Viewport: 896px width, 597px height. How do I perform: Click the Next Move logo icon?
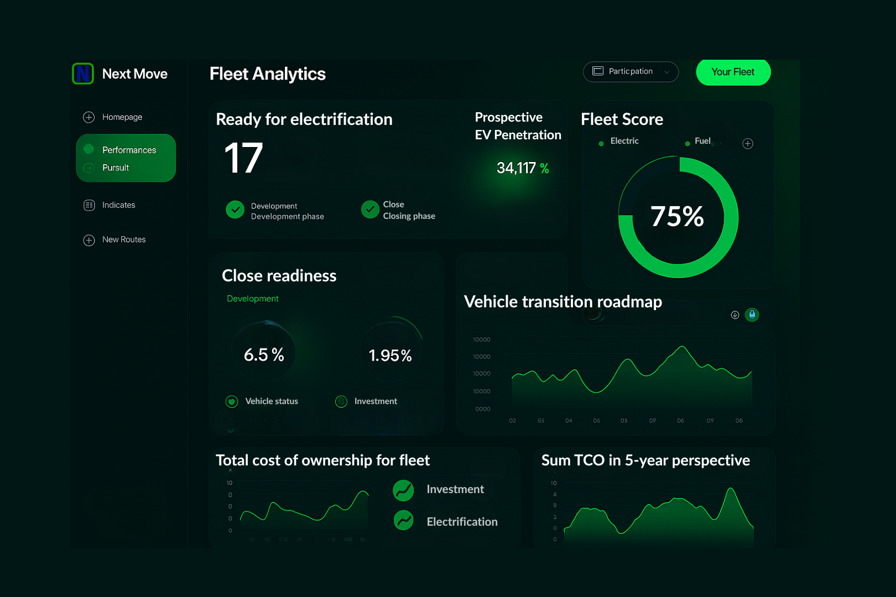tap(83, 74)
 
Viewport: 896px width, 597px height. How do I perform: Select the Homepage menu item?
tap(122, 117)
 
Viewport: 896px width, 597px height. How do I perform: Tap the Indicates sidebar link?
tap(118, 205)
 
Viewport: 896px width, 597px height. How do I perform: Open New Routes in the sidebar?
tap(123, 240)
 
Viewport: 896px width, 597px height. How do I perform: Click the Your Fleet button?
tap(733, 72)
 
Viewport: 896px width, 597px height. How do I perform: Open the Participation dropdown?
tap(631, 72)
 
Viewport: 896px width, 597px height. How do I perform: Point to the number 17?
tap(243, 158)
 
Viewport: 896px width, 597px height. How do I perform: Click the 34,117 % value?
tap(522, 168)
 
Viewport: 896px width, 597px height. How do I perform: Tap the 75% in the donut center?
tap(677, 216)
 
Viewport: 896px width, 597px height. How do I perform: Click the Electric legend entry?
tap(624, 142)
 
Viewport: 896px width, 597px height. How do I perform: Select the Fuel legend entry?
tap(702, 142)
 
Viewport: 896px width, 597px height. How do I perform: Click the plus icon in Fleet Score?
tap(748, 144)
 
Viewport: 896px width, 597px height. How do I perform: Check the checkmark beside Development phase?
tap(235, 210)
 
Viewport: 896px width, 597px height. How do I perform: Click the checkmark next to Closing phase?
tap(370, 210)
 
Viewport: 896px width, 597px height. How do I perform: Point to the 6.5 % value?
tap(264, 355)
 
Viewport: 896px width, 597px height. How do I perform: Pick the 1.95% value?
tap(390, 355)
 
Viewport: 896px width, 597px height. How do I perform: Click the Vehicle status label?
tap(271, 401)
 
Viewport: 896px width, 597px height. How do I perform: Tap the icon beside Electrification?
tap(404, 520)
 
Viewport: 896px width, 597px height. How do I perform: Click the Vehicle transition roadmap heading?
tap(562, 302)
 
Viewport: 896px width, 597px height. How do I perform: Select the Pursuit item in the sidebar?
tap(116, 168)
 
